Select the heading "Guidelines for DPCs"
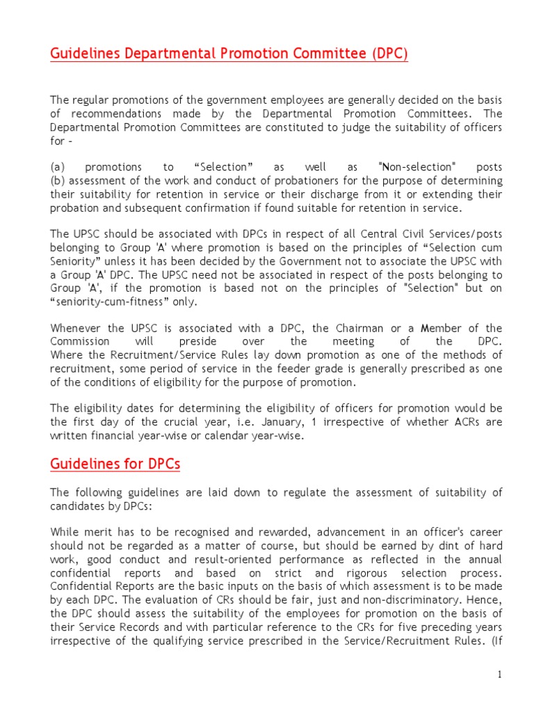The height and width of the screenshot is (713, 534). pos(115,463)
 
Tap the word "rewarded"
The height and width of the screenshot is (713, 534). pos(247,532)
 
